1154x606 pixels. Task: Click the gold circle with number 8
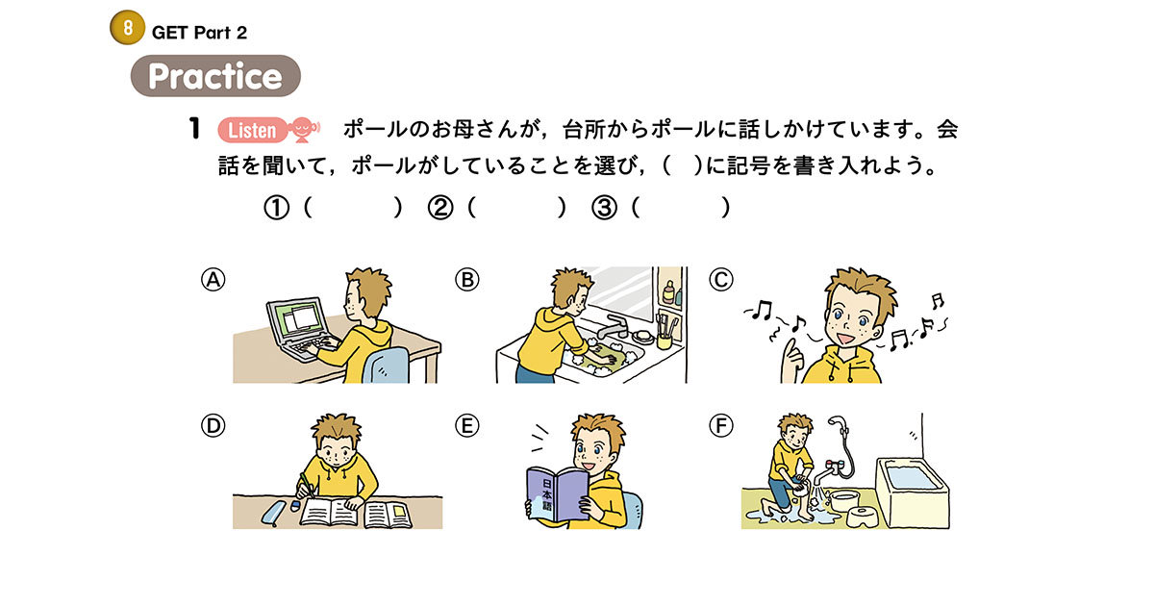(x=127, y=29)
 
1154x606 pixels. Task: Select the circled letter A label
(x=213, y=280)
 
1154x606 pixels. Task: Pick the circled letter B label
(x=466, y=280)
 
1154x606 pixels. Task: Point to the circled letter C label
(x=720, y=280)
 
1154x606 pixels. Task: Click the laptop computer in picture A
(x=299, y=328)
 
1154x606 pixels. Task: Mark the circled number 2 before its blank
(x=440, y=209)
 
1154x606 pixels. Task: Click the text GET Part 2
(x=199, y=33)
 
